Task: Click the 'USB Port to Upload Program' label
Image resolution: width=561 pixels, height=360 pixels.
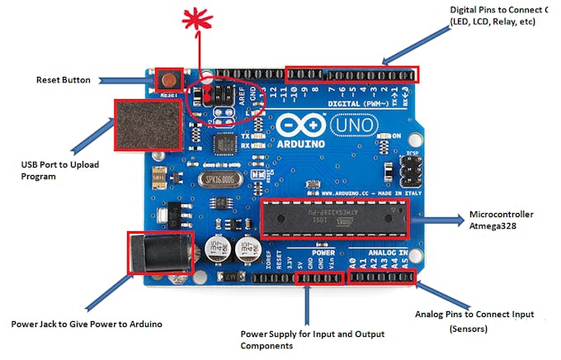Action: (x=59, y=171)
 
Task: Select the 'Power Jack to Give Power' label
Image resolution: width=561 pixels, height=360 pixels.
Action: (x=87, y=324)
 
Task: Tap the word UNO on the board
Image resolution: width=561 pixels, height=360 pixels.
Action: (x=354, y=126)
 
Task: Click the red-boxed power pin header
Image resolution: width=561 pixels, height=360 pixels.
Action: (x=318, y=278)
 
